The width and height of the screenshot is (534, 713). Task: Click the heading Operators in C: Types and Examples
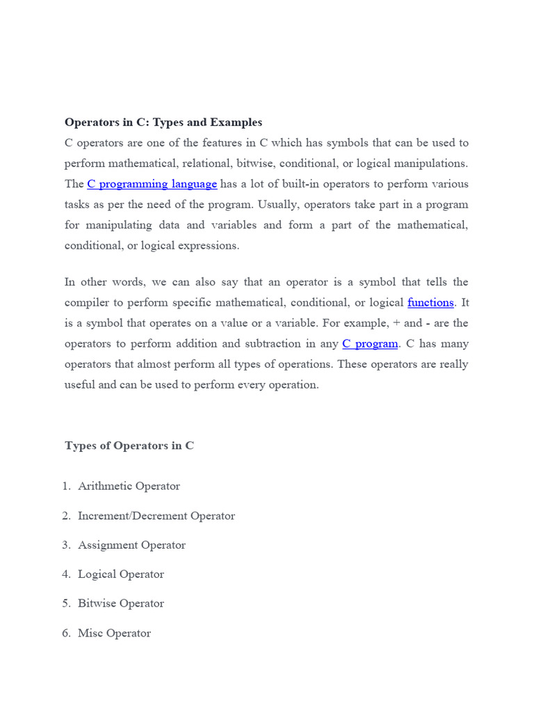click(x=163, y=123)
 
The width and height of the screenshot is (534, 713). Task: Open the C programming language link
click(x=152, y=184)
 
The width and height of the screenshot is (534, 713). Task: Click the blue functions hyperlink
click(x=430, y=302)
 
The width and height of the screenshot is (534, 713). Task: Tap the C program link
click(x=370, y=343)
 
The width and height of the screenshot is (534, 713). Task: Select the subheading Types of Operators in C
click(x=129, y=446)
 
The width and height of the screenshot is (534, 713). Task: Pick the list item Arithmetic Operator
click(x=129, y=486)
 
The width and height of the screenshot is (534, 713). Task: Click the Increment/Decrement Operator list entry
click(x=156, y=516)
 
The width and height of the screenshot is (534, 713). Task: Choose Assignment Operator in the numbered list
click(x=131, y=545)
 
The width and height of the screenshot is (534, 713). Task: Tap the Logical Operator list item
click(x=121, y=574)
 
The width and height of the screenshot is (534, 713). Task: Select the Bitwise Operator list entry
click(x=121, y=604)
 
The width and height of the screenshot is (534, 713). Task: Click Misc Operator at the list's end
click(x=114, y=634)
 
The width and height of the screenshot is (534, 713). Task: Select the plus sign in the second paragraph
click(x=397, y=323)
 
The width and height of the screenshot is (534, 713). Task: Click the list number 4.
click(x=66, y=574)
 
